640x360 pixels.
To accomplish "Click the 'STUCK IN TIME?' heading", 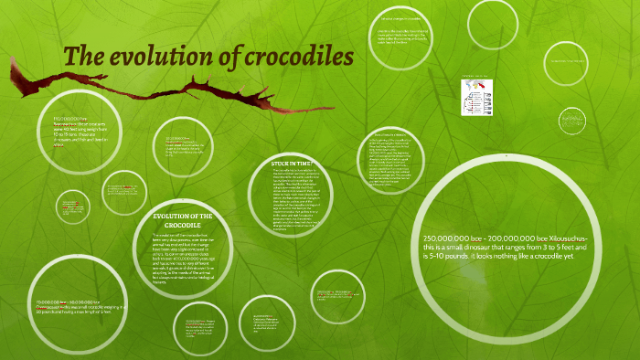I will click(293, 164).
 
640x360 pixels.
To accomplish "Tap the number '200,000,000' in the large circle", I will click(510, 238).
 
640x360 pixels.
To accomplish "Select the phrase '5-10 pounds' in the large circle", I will click(446, 259).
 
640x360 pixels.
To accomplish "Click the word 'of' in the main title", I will click(220, 57).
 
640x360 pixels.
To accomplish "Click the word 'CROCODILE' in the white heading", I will click(183, 225).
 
